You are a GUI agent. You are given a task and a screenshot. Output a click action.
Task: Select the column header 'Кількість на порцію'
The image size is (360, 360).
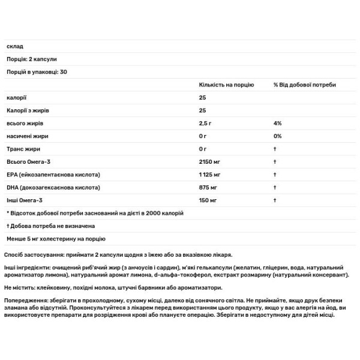[224, 85]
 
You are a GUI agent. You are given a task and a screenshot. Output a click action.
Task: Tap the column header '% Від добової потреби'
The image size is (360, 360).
[304, 85]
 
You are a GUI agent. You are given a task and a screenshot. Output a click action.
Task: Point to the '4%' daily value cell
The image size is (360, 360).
[277, 123]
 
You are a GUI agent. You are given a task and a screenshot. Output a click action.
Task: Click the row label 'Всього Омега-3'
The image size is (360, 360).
[27, 161]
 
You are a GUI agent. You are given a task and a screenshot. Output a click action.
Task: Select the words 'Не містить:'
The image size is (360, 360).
[20, 287]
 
